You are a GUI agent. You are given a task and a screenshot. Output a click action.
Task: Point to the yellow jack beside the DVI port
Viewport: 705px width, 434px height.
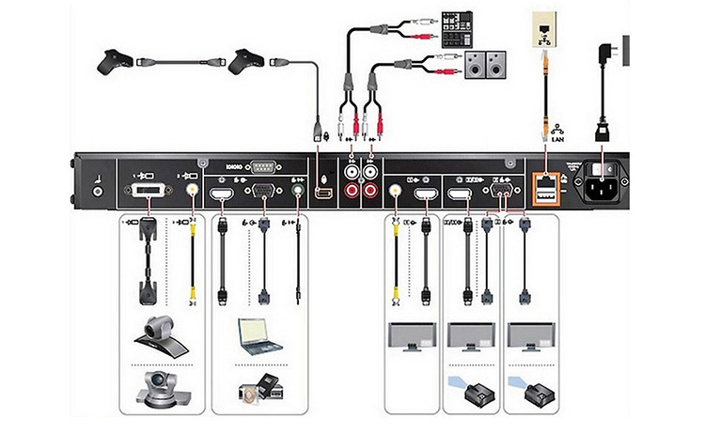193,189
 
